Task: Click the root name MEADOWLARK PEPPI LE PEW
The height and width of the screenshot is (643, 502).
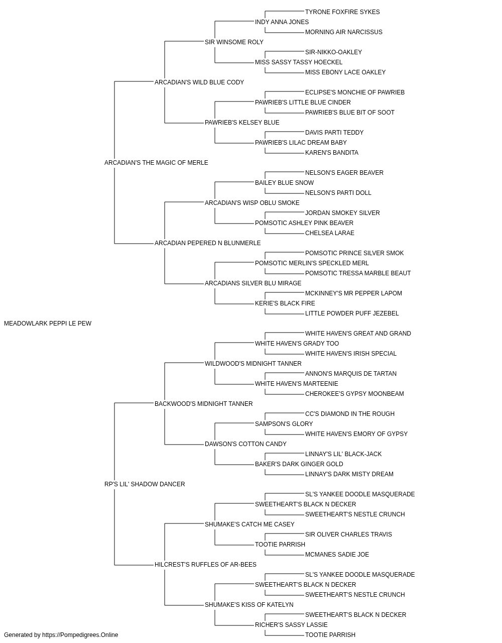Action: tap(48, 324)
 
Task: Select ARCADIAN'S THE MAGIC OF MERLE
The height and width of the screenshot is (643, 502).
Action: tap(156, 163)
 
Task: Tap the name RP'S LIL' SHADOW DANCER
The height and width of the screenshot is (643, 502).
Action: tap(145, 484)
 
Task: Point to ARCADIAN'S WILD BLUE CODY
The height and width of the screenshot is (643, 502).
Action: tap(199, 82)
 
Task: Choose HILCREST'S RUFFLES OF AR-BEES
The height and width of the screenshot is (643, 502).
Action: tap(205, 565)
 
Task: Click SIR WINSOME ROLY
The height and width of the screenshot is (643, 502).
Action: tap(234, 42)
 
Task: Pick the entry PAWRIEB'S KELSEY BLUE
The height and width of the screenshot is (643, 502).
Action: tap(242, 123)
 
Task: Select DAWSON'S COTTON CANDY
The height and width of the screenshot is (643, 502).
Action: tap(245, 444)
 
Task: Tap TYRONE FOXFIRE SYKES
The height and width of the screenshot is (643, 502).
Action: tap(342, 12)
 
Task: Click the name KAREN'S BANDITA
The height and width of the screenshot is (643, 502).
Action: tap(332, 153)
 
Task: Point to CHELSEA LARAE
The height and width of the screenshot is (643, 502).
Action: tap(330, 233)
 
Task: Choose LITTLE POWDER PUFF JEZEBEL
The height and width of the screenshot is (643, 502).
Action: tap(352, 313)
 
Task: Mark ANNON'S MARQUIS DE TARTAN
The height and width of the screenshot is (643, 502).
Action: tap(350, 374)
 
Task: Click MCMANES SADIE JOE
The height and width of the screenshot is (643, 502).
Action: tap(337, 555)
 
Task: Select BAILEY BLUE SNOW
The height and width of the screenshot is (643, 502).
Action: tap(285, 183)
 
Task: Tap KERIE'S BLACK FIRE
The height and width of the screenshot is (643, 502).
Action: tap(285, 303)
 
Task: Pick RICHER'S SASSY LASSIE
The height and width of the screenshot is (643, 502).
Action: tap(291, 624)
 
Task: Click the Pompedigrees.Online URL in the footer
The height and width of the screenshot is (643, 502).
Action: tap(80, 635)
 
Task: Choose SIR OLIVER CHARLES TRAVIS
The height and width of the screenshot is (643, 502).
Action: tap(348, 534)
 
